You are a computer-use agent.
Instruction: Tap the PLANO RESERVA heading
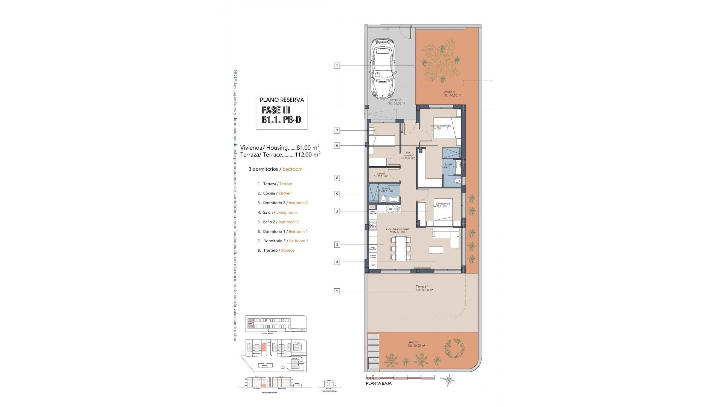click(281, 100)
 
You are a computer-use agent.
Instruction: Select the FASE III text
click(276, 110)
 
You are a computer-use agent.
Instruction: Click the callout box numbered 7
click(337, 131)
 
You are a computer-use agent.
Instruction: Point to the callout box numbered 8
click(337, 178)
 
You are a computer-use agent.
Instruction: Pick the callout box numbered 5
click(337, 194)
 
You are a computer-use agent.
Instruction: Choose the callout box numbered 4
click(337, 262)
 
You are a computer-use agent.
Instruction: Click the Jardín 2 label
click(450, 92)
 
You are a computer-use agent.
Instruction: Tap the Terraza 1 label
click(422, 286)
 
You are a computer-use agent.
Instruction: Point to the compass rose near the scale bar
click(449, 379)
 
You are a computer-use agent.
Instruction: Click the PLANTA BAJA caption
click(378, 383)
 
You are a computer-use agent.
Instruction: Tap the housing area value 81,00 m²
click(308, 148)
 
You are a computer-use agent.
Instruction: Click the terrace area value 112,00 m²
click(308, 155)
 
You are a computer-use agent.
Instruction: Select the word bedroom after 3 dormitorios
click(292, 169)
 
